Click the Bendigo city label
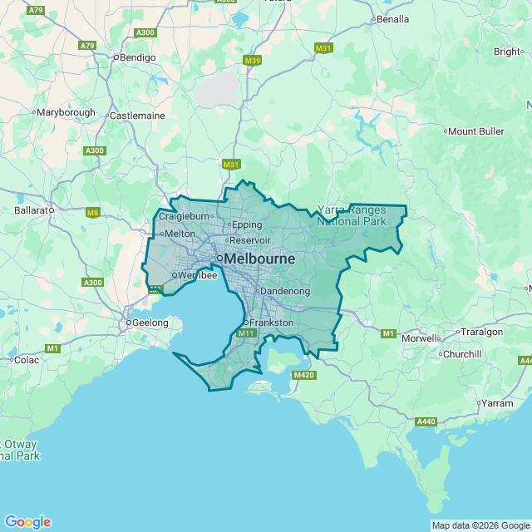tap(138, 57)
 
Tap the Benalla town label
tap(392, 18)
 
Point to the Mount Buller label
tap(476, 131)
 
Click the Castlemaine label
tap(137, 116)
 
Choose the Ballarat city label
tap(33, 210)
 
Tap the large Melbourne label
tap(259, 259)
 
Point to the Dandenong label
tap(285, 291)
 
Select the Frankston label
tap(272, 322)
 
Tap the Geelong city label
tap(150, 323)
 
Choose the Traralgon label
tap(482, 332)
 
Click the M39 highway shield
tap(253, 61)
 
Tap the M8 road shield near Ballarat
tap(92, 213)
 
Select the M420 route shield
tap(304, 376)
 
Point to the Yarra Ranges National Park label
tap(352, 215)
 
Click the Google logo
tap(27, 522)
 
